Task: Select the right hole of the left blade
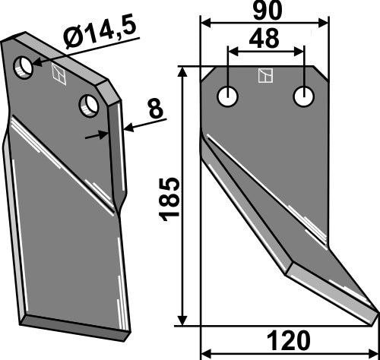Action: click(89, 104)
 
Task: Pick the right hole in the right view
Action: click(304, 97)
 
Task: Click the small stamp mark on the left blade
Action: click(57, 74)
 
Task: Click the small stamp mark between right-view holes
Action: click(265, 75)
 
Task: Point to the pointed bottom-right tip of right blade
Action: click(375, 311)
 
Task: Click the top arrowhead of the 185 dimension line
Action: click(184, 71)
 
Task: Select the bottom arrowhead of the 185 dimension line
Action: click(184, 321)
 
